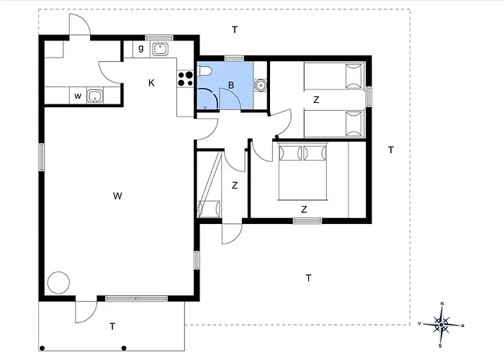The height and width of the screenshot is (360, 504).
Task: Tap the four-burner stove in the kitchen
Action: (x=186, y=79)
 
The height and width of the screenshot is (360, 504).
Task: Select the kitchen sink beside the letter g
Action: (x=160, y=49)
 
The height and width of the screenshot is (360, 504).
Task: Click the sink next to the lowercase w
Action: (x=95, y=96)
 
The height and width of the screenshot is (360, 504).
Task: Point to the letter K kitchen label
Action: (x=151, y=83)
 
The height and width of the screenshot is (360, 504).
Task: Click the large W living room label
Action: (x=117, y=196)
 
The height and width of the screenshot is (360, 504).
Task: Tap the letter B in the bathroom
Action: (x=231, y=86)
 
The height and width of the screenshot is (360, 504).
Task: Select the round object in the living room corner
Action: (x=58, y=283)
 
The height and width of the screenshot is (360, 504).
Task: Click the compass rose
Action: (x=441, y=325)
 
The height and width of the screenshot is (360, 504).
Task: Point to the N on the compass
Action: (x=442, y=303)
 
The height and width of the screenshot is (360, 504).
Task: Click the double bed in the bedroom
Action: (x=302, y=171)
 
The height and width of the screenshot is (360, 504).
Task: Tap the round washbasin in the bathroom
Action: (x=260, y=85)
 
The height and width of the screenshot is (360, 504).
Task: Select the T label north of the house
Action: (x=235, y=30)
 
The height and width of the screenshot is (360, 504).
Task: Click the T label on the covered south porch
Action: (x=112, y=327)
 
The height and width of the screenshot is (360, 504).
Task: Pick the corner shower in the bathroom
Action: (x=207, y=99)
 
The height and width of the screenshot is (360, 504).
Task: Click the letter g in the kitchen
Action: (x=141, y=48)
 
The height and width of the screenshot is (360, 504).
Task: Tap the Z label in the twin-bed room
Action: (x=316, y=100)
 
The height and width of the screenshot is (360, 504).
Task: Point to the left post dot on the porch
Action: (x=42, y=348)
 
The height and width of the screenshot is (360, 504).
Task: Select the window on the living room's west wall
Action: (x=42, y=157)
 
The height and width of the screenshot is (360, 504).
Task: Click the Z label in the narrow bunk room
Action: (x=235, y=186)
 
